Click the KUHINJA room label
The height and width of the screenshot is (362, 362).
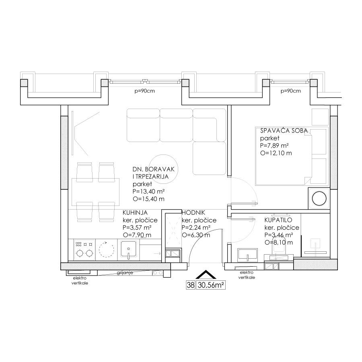tap(135, 212)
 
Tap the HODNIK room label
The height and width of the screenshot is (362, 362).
tap(193, 213)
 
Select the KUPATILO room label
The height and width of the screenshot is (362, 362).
tap(278, 220)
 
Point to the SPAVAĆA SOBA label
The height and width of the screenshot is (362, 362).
tap(284, 131)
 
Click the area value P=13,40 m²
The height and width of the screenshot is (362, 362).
tap(148, 191)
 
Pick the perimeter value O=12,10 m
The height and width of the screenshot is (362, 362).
tap(276, 153)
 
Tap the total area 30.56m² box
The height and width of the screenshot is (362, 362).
tap(210, 285)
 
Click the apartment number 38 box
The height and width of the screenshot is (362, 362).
tap(191, 285)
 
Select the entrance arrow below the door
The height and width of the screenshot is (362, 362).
tap(206, 274)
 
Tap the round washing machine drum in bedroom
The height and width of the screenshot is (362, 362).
tap(319, 199)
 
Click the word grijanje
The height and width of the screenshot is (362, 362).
tap(125, 273)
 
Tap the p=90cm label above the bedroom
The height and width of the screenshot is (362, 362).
tap(291, 91)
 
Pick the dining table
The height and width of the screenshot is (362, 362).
tap(95, 192)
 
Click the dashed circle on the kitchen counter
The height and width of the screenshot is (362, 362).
tap(107, 249)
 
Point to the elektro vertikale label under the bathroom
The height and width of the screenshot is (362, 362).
tap(247, 275)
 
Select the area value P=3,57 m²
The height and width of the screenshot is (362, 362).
tap(137, 228)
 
